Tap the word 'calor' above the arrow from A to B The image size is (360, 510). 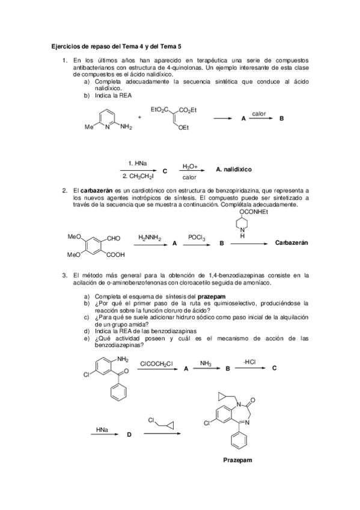tap(259, 113)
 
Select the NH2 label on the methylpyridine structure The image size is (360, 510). tap(126, 127)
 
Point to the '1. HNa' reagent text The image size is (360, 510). tap(137, 164)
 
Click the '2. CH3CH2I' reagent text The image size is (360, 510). tap(138, 177)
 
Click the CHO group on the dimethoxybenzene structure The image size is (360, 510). tap(114, 239)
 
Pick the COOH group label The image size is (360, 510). tap(115, 254)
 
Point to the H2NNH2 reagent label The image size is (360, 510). tap(149, 238)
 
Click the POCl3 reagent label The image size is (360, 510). tap(197, 238)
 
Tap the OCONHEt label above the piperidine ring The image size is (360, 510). tap(255, 210)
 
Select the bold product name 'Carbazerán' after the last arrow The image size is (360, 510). tap(291, 243)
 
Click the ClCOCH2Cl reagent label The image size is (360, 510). tap(156, 363)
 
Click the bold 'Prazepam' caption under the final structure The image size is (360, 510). tap(237, 461)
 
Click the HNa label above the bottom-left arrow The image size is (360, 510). tap(102, 429)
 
